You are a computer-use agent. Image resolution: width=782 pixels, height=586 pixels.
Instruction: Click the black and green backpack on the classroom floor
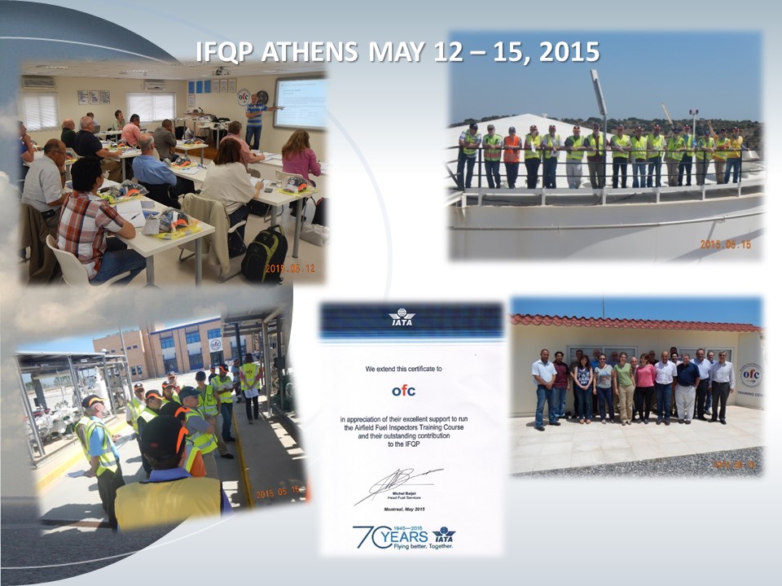(x=266, y=256)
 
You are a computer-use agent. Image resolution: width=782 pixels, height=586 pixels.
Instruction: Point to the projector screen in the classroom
(x=300, y=103)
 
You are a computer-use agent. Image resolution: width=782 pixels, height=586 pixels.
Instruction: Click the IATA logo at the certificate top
(x=402, y=317)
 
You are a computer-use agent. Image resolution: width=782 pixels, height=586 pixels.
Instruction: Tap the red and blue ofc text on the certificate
(x=403, y=391)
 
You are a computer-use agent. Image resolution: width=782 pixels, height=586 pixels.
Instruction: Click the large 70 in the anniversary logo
(x=365, y=536)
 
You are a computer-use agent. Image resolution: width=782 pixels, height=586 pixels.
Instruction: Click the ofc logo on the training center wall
(x=749, y=375)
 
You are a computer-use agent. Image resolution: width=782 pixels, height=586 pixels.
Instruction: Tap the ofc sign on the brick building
(x=215, y=344)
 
